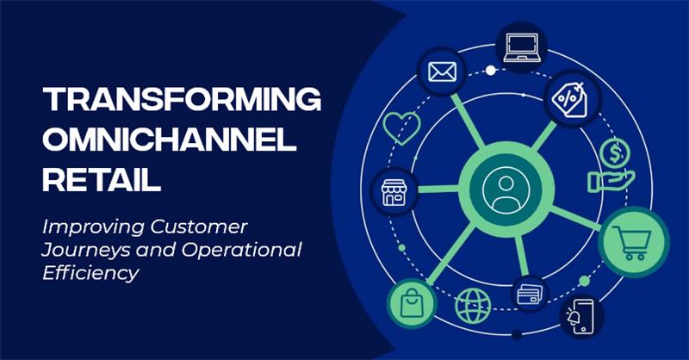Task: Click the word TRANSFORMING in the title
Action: click(183, 101)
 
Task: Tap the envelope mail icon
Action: click(435, 72)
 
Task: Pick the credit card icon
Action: click(530, 295)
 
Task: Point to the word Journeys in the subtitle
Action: click(82, 250)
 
